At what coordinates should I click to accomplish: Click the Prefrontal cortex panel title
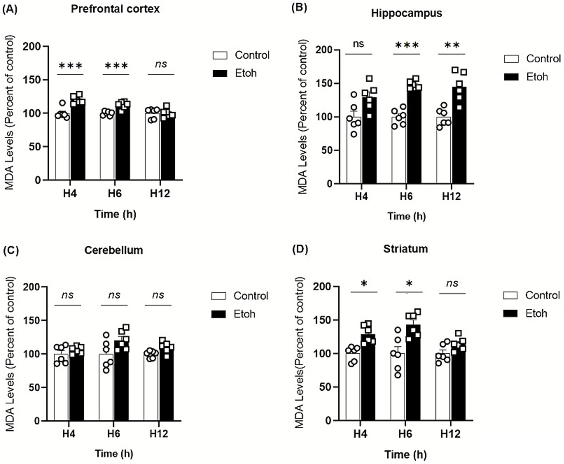(115, 9)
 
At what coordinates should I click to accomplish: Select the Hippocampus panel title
(406, 13)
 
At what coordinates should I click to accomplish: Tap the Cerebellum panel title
(114, 250)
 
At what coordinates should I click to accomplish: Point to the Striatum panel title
(405, 249)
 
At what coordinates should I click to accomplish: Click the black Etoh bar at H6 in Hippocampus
(414, 139)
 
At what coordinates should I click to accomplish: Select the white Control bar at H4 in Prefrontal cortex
(62, 151)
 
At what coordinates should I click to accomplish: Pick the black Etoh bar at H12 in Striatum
(458, 385)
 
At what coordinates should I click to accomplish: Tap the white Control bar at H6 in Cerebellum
(106, 389)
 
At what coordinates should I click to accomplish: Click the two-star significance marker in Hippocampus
(452, 46)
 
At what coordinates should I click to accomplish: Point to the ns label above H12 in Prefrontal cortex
(161, 64)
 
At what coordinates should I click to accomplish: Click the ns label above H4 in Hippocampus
(359, 44)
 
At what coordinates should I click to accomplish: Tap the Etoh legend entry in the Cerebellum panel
(244, 314)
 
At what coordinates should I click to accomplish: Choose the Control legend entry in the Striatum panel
(542, 295)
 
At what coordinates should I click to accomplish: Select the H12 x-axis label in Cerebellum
(159, 434)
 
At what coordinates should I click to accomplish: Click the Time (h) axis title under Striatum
(406, 455)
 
